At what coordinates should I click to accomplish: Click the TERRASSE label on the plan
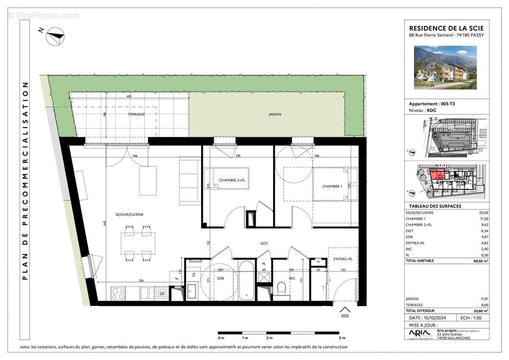click(x=136, y=114)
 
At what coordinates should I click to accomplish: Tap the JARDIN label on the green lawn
click(x=275, y=114)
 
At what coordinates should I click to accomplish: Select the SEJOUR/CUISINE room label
click(x=129, y=214)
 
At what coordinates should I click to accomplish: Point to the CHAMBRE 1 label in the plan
click(x=332, y=186)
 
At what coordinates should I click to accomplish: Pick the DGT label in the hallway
click(x=264, y=243)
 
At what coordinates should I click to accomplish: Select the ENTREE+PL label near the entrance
click(x=343, y=259)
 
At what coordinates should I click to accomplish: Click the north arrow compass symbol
click(x=56, y=36)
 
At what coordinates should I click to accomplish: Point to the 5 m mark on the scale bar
click(x=342, y=338)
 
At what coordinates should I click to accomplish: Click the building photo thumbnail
click(x=445, y=67)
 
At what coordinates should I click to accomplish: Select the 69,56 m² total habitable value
click(x=480, y=261)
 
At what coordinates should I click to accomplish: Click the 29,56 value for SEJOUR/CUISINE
click(x=483, y=212)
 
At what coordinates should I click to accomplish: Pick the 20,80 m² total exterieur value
click(x=480, y=311)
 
